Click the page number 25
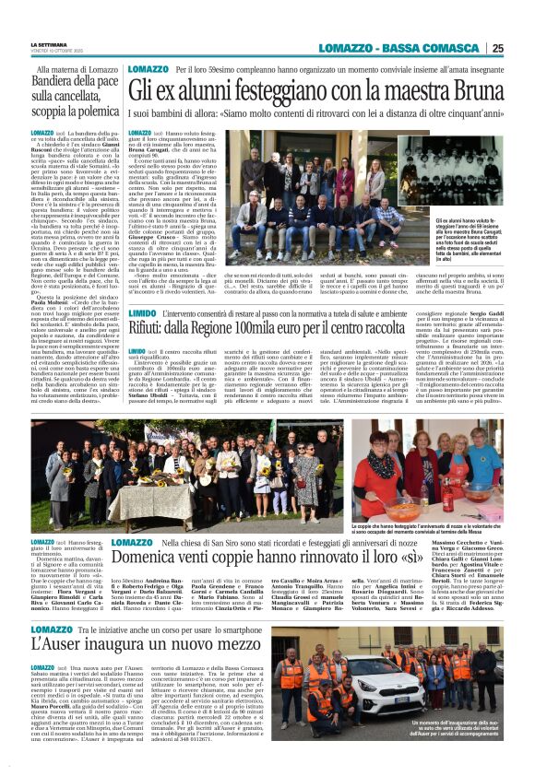click(522, 48)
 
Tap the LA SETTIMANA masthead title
click(50, 43)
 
